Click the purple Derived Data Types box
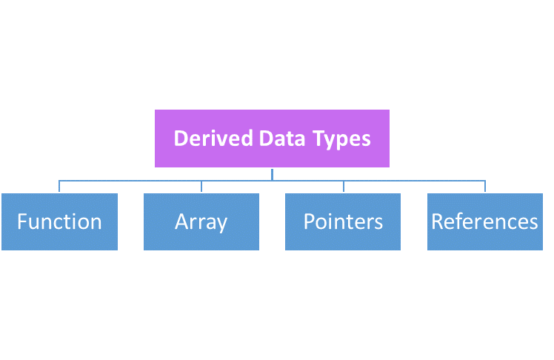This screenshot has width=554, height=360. click(x=272, y=139)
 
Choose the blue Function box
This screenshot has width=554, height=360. click(x=59, y=221)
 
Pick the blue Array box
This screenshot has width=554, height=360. click(x=201, y=221)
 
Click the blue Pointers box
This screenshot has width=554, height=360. click(x=343, y=221)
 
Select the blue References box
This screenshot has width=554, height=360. click(x=485, y=221)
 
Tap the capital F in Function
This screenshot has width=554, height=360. click(x=22, y=221)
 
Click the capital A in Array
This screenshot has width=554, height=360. click(x=181, y=221)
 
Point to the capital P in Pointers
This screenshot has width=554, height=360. click(x=309, y=221)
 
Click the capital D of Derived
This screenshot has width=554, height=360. click(x=180, y=139)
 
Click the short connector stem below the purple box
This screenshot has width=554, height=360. click(x=272, y=174)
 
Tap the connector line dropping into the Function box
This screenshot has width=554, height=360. click(x=59, y=186)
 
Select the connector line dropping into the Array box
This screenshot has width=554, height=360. click(x=201, y=186)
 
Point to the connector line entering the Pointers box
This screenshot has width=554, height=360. click(x=343, y=186)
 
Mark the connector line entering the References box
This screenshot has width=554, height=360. click(x=485, y=186)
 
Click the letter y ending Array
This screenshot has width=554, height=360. click(x=221, y=224)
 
